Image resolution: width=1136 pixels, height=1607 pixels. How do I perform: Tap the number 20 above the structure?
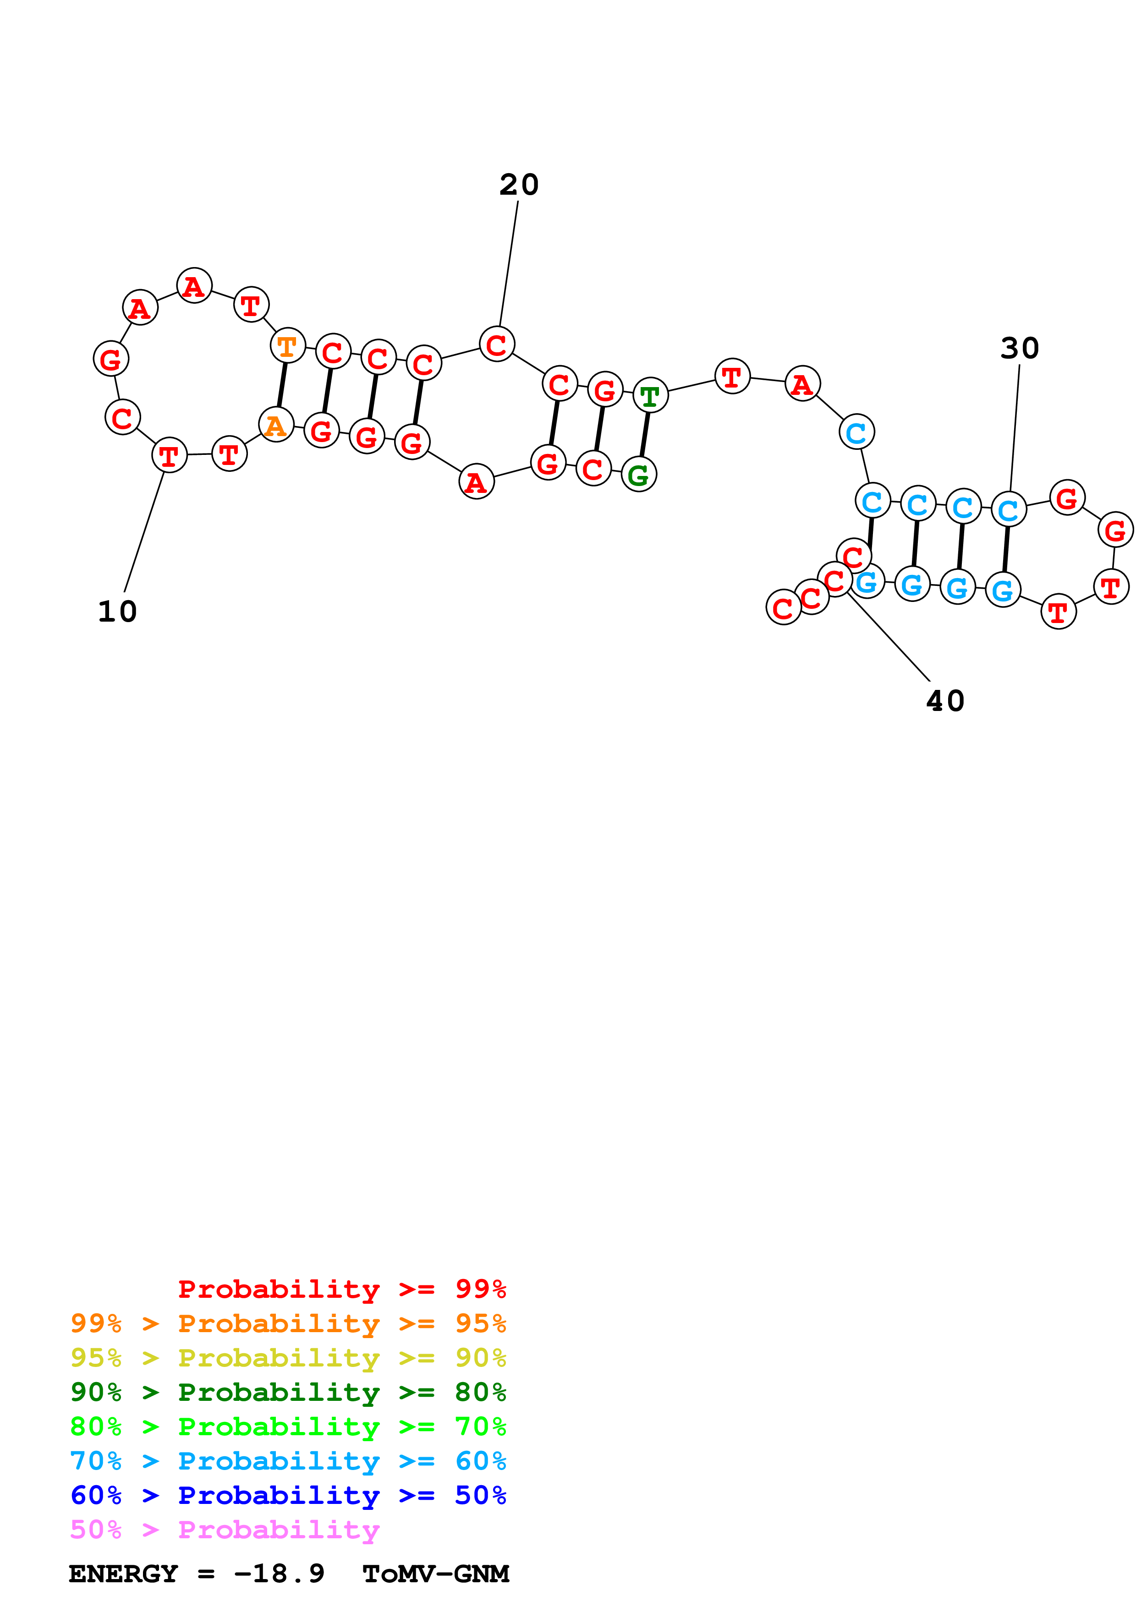[519, 185]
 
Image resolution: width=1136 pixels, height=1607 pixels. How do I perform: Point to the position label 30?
[1019, 348]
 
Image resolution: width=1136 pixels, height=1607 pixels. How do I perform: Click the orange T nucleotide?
[287, 346]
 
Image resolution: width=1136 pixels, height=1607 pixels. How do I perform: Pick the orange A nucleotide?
[276, 425]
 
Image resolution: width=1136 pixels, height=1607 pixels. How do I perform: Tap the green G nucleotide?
[638, 475]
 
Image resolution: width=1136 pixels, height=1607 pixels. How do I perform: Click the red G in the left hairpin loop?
[110, 359]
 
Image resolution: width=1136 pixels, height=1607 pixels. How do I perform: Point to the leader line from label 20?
[509, 262]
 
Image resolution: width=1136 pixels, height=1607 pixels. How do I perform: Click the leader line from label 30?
[1014, 427]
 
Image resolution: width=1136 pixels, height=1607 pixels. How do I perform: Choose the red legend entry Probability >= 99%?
[341, 1289]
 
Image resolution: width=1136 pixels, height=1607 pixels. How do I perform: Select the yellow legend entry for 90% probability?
[288, 1357]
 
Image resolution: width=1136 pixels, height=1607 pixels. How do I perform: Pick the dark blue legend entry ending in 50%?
[288, 1495]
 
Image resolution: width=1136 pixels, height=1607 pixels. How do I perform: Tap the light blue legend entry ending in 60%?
[288, 1461]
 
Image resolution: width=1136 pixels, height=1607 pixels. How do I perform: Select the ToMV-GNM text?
[435, 1574]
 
